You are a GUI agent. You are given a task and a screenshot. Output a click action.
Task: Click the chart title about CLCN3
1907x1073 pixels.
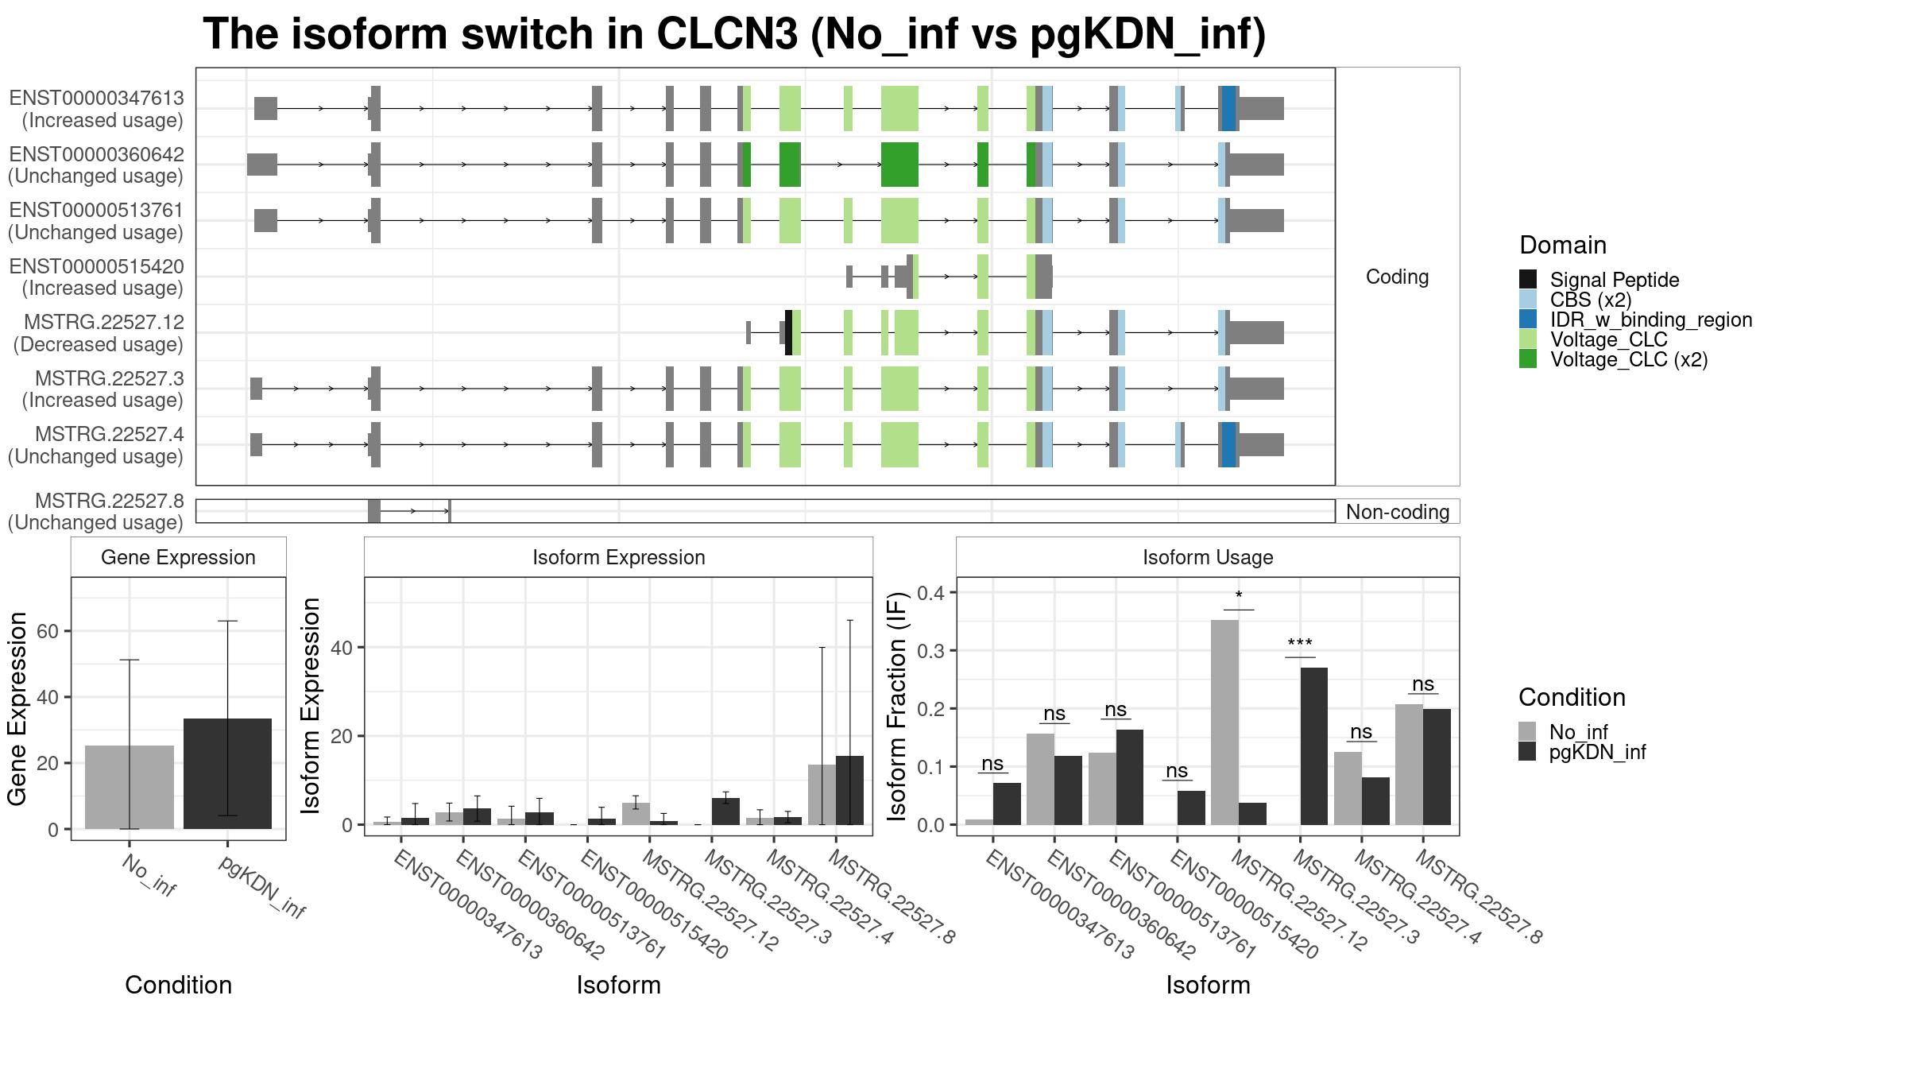[734, 34]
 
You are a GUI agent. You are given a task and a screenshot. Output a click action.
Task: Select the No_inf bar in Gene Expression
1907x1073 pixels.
[130, 787]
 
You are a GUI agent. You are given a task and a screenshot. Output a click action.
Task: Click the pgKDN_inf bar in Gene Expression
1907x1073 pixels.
[227, 773]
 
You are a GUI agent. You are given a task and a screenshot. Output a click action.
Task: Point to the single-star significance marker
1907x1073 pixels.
[1239, 596]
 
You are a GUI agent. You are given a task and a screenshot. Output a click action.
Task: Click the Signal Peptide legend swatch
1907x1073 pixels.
[1528, 279]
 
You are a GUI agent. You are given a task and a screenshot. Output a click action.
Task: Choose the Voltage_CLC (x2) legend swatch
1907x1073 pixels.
[1528, 359]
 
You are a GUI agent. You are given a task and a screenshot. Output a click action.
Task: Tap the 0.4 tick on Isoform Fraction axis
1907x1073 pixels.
[930, 592]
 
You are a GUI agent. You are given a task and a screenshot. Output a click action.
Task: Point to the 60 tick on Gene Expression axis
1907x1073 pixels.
[47, 631]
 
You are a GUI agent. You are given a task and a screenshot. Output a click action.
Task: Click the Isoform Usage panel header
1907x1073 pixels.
[1208, 557]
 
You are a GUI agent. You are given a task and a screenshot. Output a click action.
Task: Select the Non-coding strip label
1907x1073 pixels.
[1398, 512]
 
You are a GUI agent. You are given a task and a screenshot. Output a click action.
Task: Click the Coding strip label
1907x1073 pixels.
[1397, 277]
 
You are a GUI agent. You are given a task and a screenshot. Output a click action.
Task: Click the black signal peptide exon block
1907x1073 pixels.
[788, 332]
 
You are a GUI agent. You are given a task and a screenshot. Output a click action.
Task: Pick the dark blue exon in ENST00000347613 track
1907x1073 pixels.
[1229, 108]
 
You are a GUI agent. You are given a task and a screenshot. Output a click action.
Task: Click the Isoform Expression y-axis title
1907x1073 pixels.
[311, 706]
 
